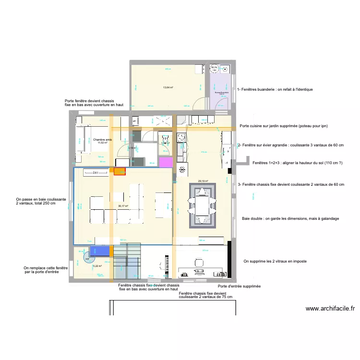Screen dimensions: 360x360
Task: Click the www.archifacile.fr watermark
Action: point(330,309)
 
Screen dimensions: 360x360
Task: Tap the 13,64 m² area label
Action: point(168,88)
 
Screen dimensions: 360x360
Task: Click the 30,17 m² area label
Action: point(123,206)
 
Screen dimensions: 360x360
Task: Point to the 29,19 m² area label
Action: point(203,181)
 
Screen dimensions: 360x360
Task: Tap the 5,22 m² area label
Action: point(97,266)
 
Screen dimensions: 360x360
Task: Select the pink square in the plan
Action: point(166,162)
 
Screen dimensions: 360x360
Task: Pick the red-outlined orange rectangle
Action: point(120,171)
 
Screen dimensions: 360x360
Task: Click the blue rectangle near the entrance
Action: point(101,251)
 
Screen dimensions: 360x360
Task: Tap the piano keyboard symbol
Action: point(158,266)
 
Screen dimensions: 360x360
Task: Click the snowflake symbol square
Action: point(182,169)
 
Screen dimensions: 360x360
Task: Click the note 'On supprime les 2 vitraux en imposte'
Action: point(275,262)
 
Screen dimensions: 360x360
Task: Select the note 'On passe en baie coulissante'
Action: point(40,201)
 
